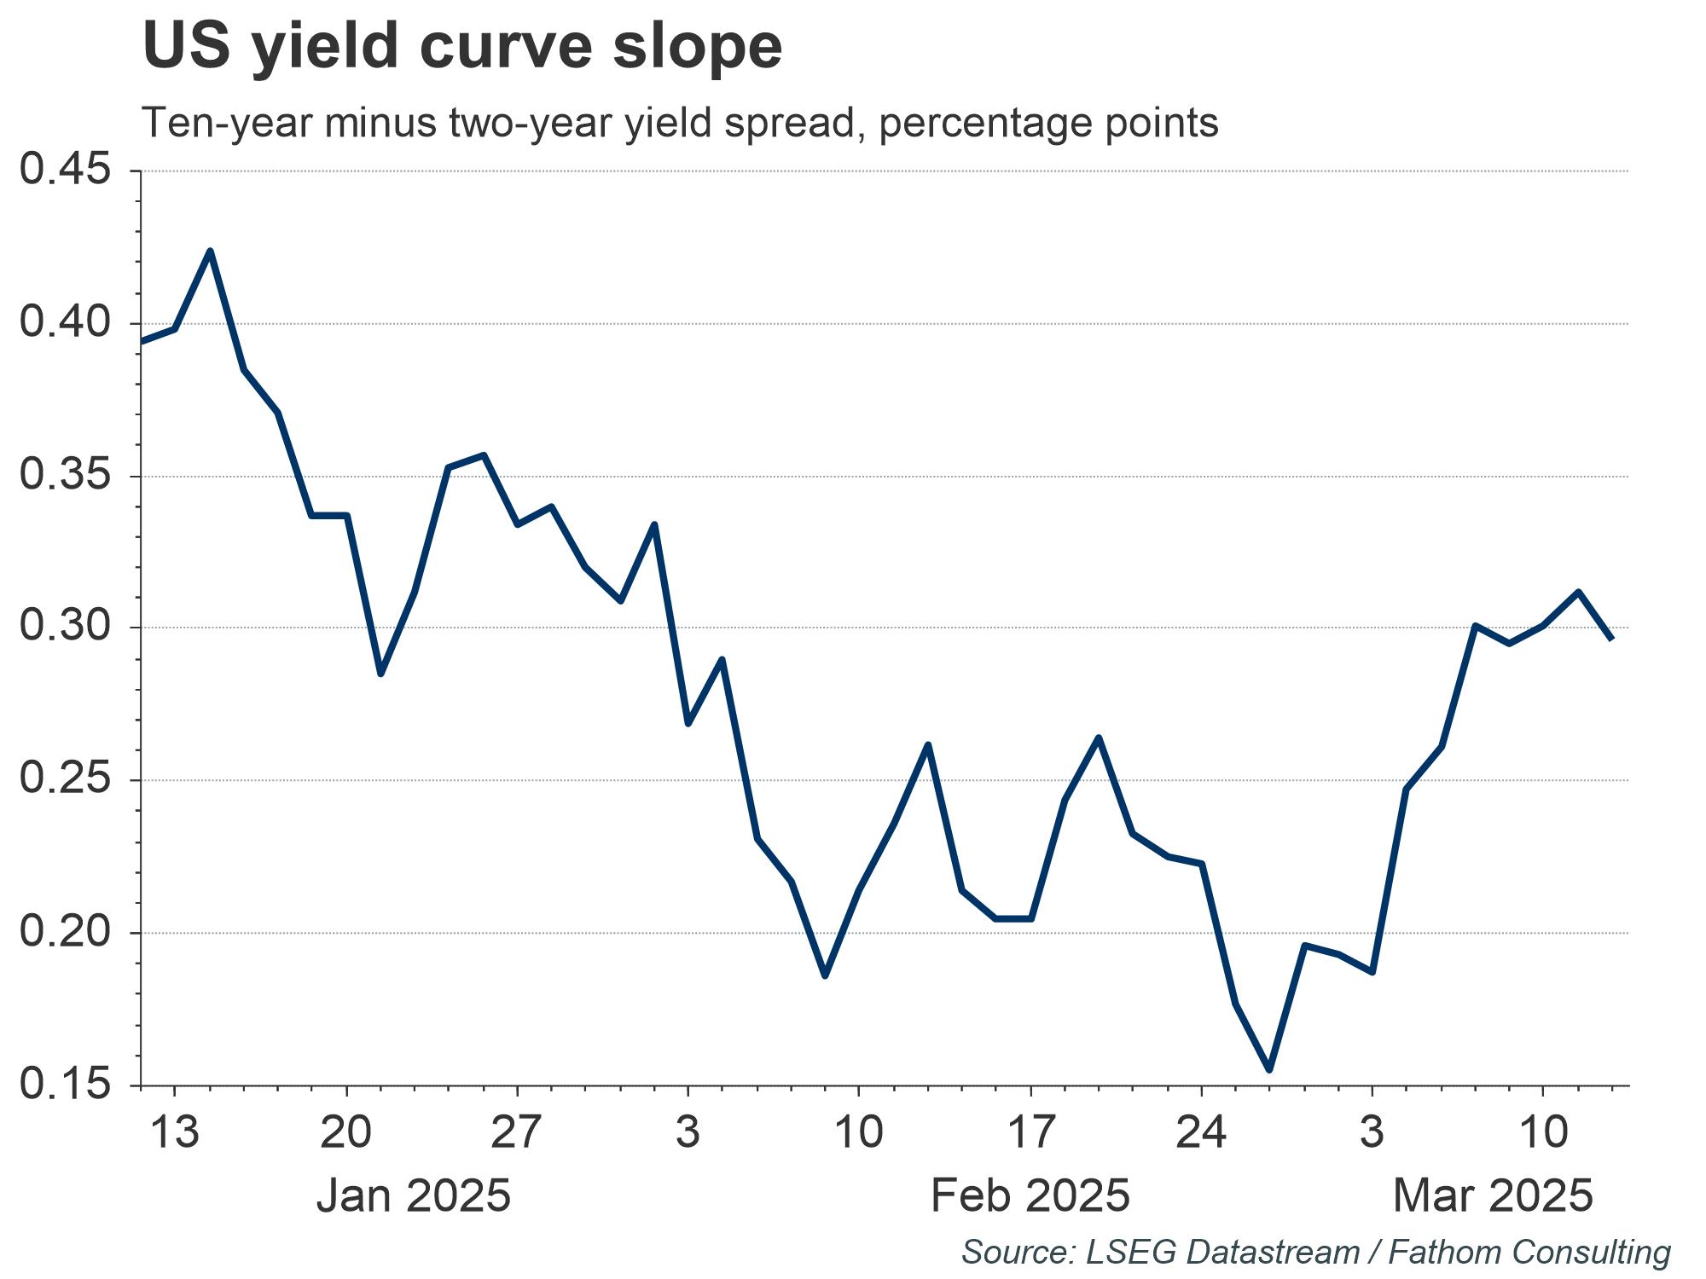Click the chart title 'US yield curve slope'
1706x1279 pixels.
point(461,46)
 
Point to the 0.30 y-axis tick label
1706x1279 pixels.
point(67,628)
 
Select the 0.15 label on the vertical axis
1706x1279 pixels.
point(67,1085)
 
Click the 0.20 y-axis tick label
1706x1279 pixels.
point(67,932)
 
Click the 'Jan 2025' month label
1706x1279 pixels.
point(414,1195)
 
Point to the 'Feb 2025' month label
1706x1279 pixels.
point(1030,1195)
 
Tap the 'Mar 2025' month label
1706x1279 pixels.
point(1493,1195)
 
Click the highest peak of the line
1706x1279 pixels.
point(210,251)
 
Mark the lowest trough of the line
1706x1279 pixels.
point(1269,1069)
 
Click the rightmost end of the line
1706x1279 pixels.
point(1611,639)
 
